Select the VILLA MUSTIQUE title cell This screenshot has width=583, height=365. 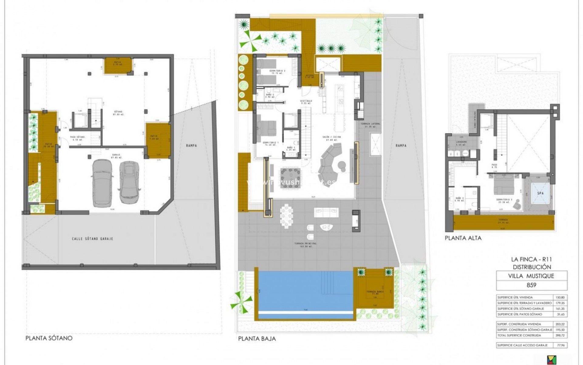(x=531, y=276)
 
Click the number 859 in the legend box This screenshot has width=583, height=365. (x=531, y=285)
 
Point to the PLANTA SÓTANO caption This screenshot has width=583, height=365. (x=49, y=338)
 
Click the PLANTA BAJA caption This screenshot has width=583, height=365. (x=257, y=338)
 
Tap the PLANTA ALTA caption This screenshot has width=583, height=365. (x=463, y=238)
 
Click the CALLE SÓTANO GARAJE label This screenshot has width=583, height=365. (x=92, y=239)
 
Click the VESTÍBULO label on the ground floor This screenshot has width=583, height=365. (x=306, y=102)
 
